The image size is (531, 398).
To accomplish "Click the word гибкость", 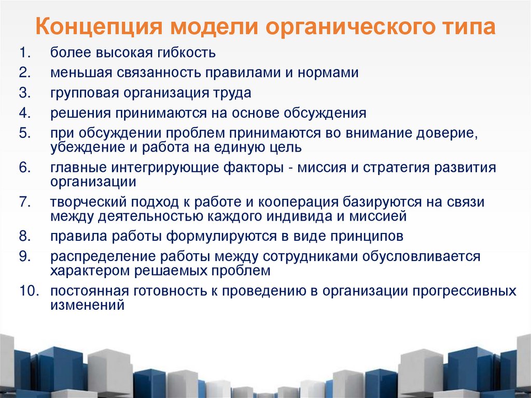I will pyautogui.click(x=185, y=53).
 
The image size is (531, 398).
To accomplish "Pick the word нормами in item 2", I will pyautogui.click(x=328, y=73).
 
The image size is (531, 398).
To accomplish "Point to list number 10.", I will pyautogui.click(x=30, y=291).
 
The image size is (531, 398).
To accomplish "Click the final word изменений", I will pyautogui.click(x=88, y=306).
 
